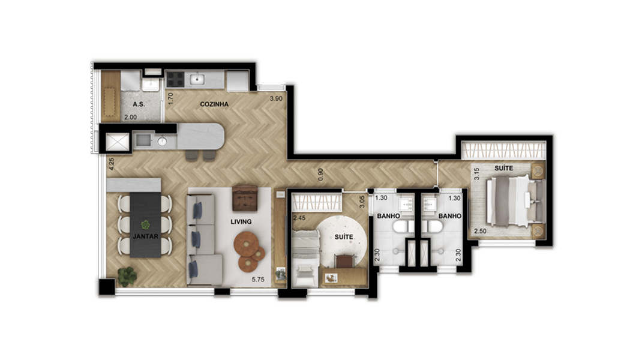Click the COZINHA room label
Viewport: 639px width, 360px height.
214,104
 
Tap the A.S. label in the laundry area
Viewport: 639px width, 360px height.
139,104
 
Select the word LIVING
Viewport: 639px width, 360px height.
241,222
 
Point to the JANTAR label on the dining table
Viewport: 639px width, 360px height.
145,236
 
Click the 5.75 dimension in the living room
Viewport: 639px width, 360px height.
258,280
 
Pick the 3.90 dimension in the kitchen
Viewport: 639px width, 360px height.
276,98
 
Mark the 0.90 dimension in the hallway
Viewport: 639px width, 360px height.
321,175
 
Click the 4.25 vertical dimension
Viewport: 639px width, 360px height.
111,164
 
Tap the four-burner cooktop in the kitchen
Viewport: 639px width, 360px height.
175,80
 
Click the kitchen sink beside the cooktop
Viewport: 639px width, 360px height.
197,80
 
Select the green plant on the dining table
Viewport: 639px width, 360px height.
145,224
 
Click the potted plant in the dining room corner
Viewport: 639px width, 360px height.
127,277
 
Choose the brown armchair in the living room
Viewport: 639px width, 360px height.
245,199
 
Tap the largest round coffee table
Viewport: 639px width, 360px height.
246,244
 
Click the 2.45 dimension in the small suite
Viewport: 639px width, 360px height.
299,218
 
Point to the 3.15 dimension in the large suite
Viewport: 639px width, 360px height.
476,174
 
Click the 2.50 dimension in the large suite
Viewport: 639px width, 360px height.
480,231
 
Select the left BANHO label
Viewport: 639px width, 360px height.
388,216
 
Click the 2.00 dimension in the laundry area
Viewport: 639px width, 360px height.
130,117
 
